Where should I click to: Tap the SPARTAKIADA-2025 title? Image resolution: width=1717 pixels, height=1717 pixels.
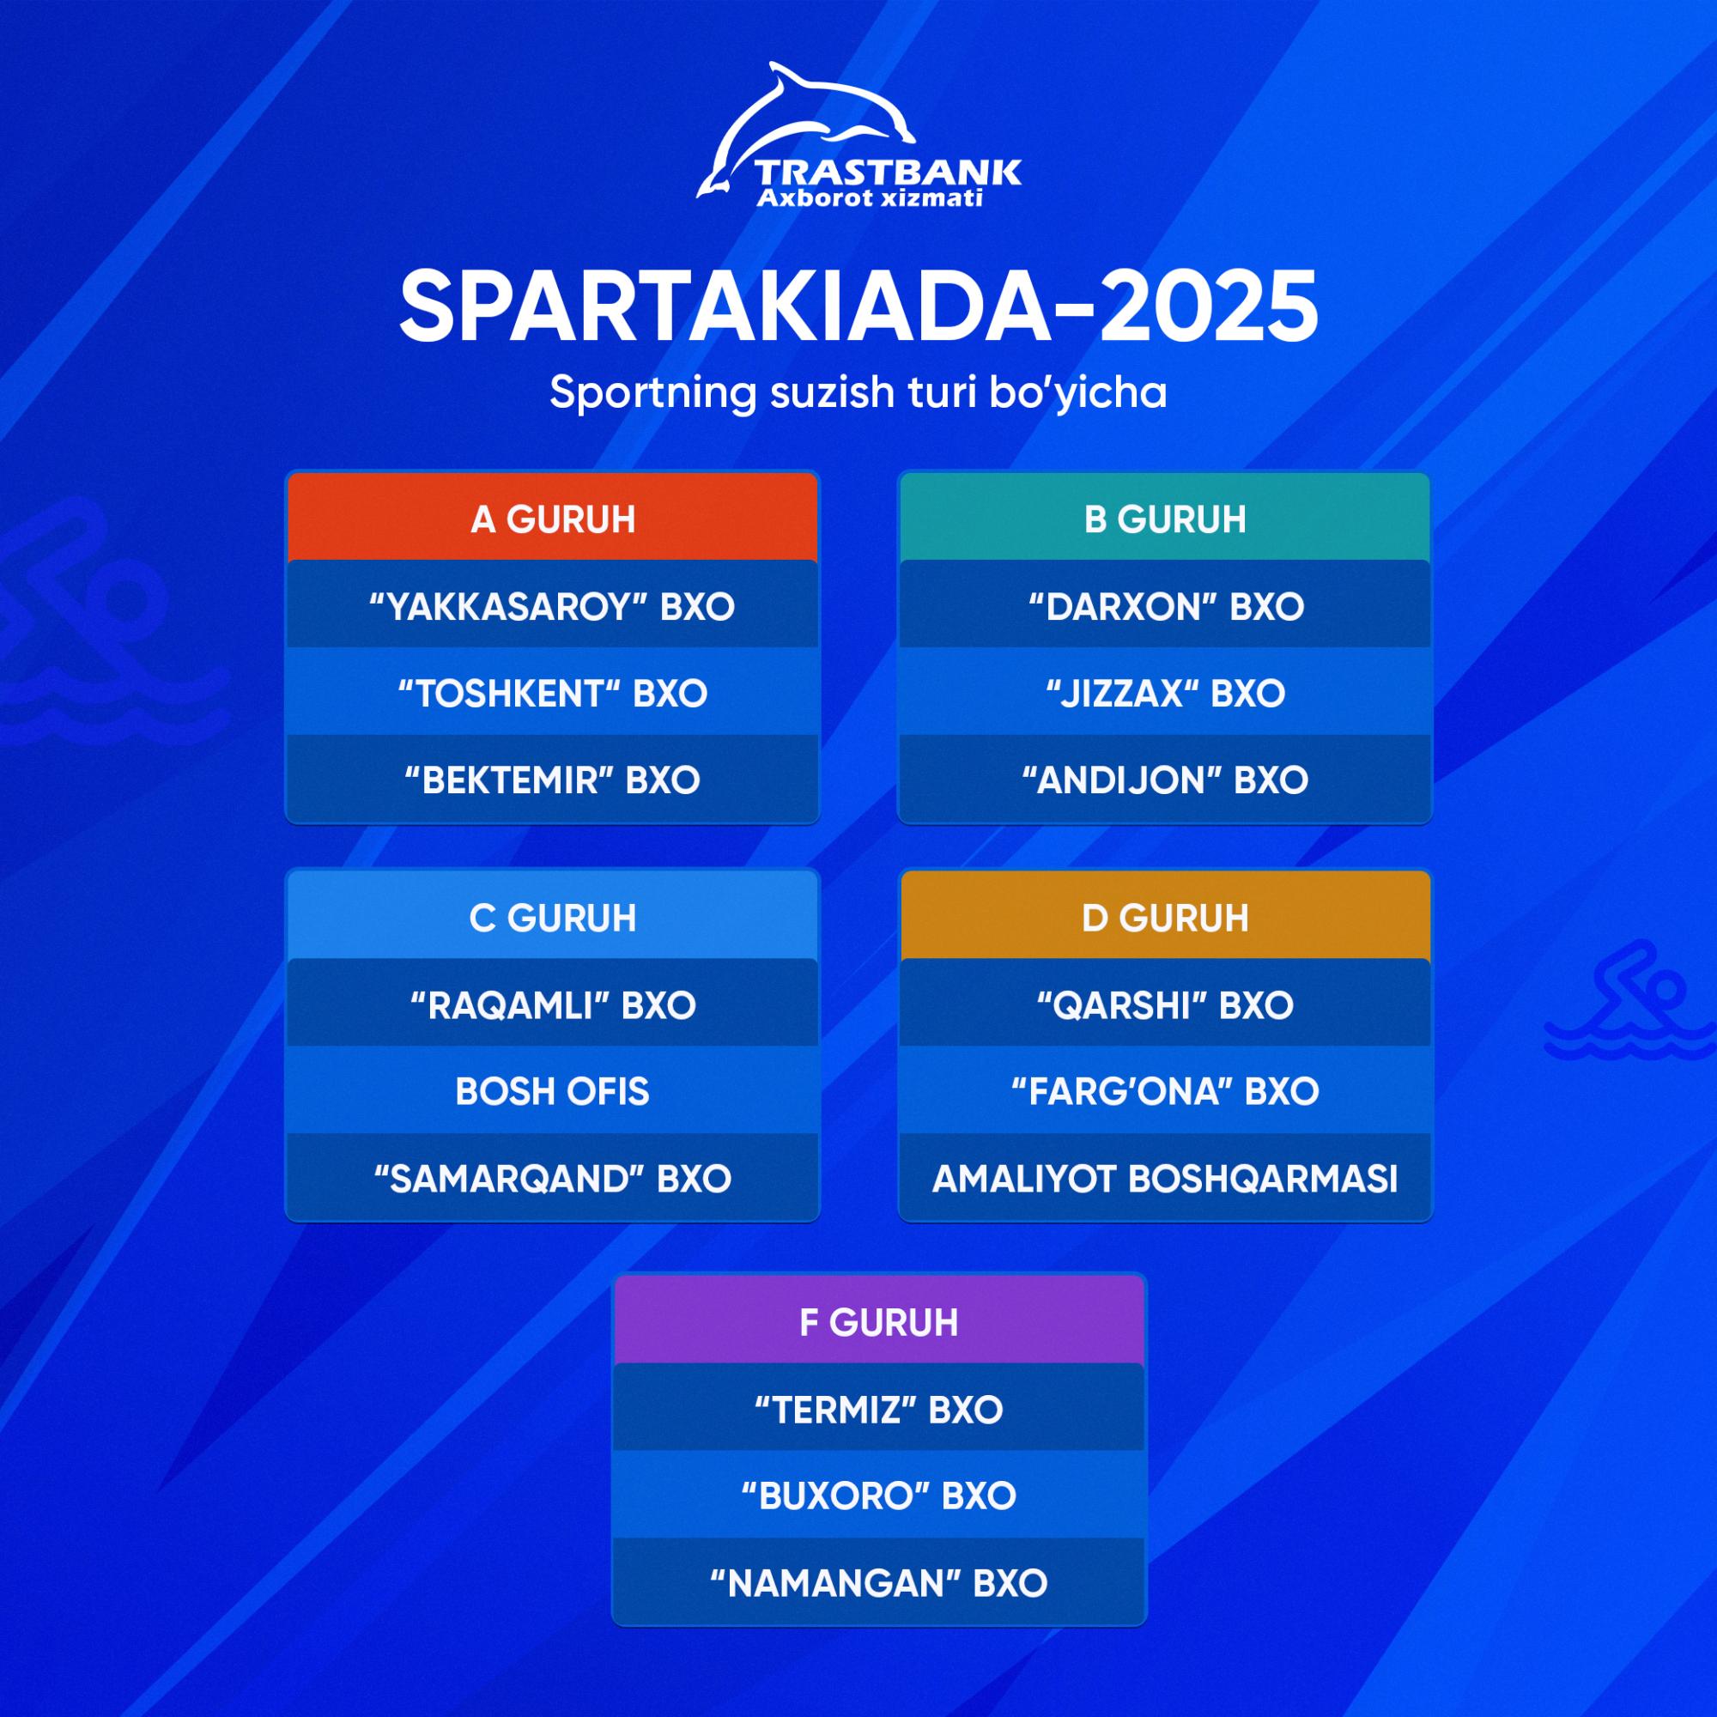858,306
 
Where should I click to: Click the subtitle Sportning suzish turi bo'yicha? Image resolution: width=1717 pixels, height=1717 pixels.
858,393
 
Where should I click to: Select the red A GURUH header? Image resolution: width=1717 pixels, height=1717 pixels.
552,519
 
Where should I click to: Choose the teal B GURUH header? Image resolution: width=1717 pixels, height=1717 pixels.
1165,519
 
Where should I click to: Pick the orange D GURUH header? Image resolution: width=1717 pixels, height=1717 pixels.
1165,917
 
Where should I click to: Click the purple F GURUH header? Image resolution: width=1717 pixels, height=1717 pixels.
879,1322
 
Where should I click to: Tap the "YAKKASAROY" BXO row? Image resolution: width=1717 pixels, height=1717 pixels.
552,606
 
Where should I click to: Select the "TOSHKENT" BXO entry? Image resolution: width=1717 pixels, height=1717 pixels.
552,692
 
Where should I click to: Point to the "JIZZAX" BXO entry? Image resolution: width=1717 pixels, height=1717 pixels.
1165,692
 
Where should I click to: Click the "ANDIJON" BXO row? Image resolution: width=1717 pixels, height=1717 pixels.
1165,780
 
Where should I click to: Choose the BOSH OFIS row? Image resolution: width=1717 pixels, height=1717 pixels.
552,1091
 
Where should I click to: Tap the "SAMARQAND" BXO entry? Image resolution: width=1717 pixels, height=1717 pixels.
552,1179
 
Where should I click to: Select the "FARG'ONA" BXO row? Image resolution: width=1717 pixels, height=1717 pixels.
1165,1091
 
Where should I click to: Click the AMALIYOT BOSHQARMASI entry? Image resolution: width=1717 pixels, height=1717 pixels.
1165,1179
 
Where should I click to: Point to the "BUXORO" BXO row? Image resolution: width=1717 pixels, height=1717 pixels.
879,1496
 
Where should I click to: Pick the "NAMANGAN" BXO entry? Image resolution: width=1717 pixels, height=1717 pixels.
879,1583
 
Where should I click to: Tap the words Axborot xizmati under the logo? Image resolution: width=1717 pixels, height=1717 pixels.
869,197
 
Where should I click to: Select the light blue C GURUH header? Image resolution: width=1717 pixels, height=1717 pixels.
552,917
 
